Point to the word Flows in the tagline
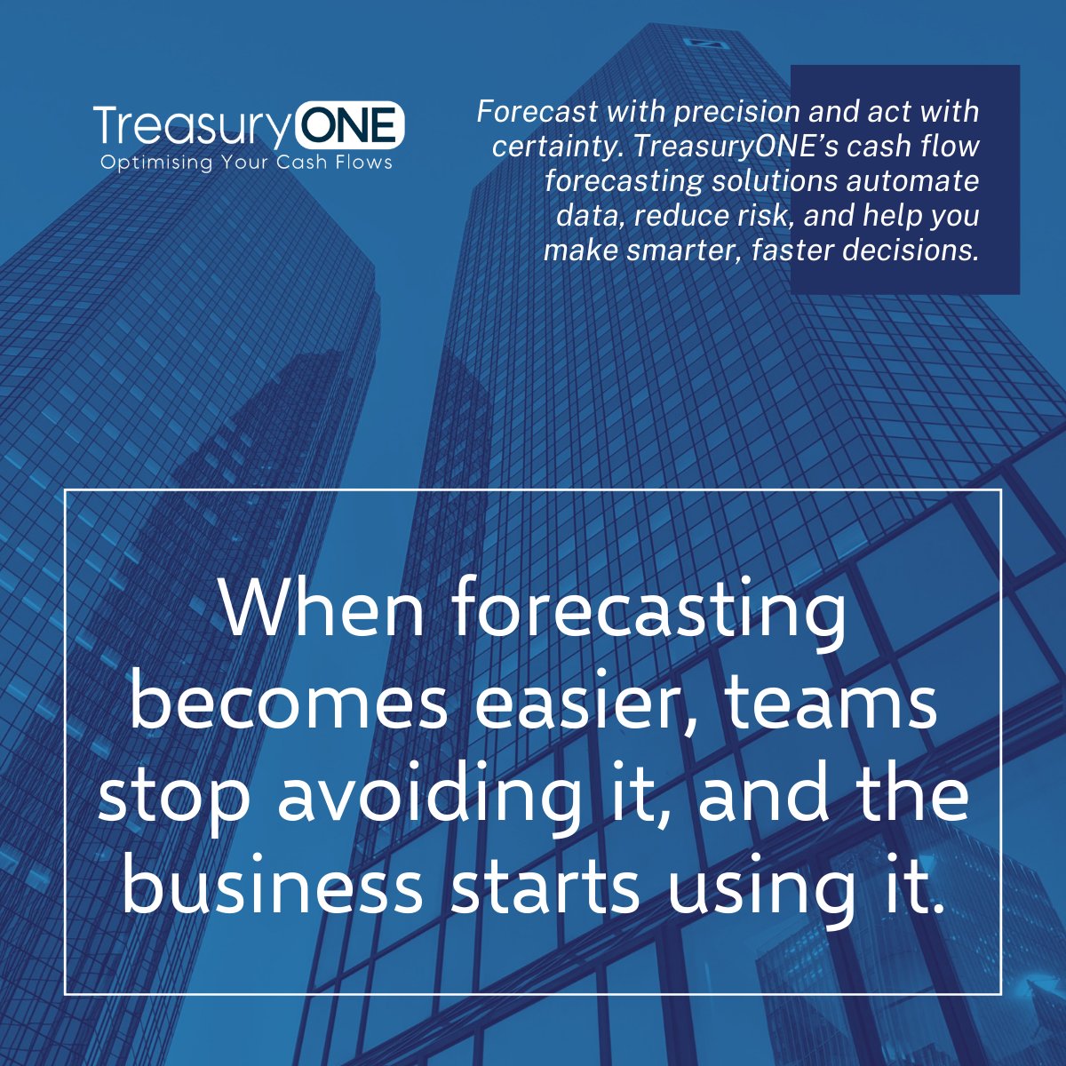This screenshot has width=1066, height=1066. [362, 163]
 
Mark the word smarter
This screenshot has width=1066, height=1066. [680, 250]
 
